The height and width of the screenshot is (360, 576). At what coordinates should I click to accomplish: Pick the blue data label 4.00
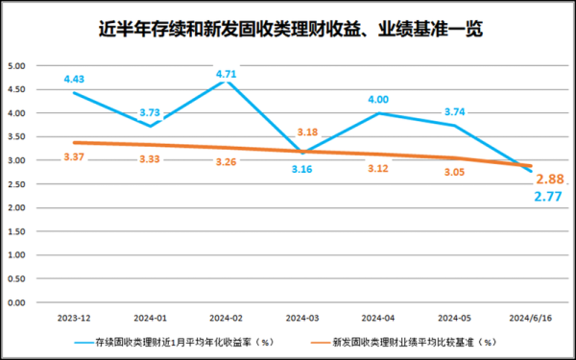(x=376, y=99)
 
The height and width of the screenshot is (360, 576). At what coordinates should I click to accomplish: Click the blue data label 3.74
(x=454, y=111)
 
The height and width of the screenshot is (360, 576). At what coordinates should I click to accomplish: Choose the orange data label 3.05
(x=454, y=173)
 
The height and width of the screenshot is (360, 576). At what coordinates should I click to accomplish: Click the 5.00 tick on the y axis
(x=16, y=67)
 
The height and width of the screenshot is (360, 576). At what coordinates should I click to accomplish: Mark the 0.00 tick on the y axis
(x=16, y=302)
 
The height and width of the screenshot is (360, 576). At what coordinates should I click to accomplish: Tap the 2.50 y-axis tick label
(x=16, y=184)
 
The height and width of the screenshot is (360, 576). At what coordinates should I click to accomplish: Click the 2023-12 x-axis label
(x=74, y=317)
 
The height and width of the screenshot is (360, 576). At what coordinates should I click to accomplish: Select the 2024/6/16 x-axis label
(x=528, y=317)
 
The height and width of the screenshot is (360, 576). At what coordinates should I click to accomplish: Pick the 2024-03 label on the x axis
(x=300, y=317)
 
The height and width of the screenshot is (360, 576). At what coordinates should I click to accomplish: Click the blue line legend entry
(x=173, y=341)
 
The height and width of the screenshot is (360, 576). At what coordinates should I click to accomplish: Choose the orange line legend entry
(x=403, y=341)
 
